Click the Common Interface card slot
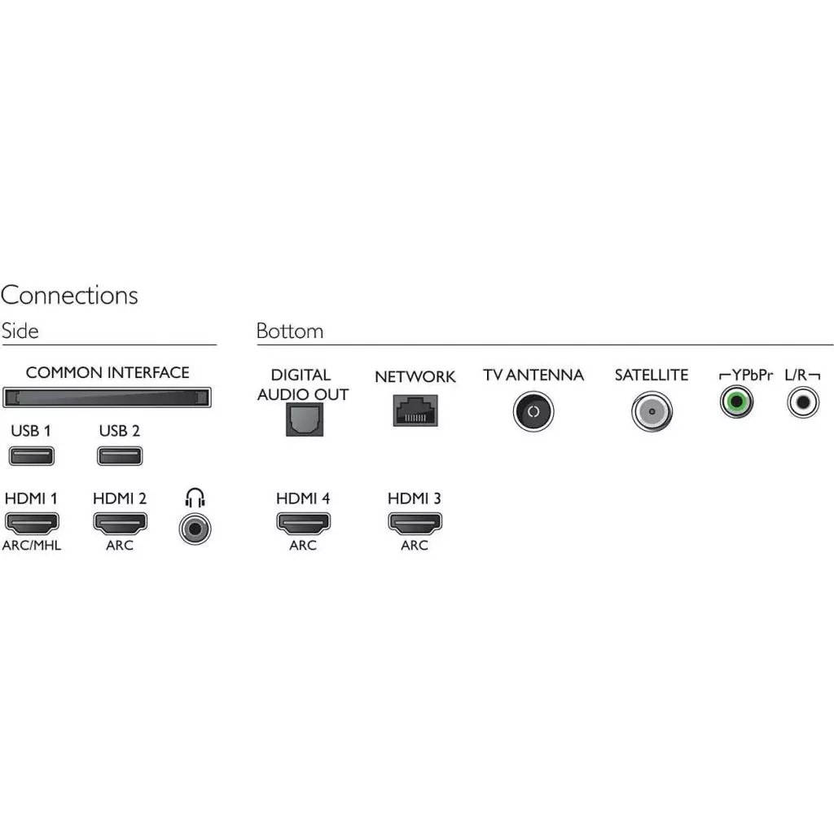coord(107,397)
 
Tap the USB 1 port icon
coord(32,456)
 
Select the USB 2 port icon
coord(120,456)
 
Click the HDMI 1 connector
coord(32,523)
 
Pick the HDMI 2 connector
coord(121,523)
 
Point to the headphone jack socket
coord(195,529)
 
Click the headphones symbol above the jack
coord(195,498)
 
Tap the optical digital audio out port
coord(305,419)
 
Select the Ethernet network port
coord(415,410)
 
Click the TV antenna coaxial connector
coord(533,411)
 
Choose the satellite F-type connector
coord(652,411)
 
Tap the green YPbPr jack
coord(736,402)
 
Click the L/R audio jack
coord(803,402)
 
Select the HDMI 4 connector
coord(304,523)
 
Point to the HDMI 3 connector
coord(415,523)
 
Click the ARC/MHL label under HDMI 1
coord(32,545)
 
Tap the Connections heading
coord(69,295)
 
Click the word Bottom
coord(290,331)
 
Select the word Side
coord(20,331)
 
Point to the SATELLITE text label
coord(652,375)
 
